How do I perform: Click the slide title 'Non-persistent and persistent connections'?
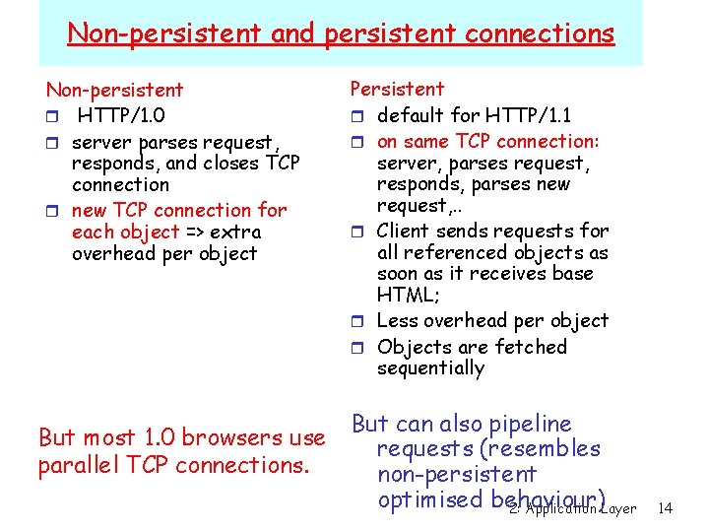coord(341,33)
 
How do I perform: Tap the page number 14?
coord(665,508)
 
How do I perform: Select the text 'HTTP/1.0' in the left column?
coord(122,115)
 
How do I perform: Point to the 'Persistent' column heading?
coord(397,89)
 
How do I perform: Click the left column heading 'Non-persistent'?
coord(114,90)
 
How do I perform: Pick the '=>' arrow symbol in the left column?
coord(195,232)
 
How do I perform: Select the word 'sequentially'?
coord(430,368)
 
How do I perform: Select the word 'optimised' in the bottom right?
coord(428,499)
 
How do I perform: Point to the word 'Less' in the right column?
coord(398,320)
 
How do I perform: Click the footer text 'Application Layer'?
coord(581,508)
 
